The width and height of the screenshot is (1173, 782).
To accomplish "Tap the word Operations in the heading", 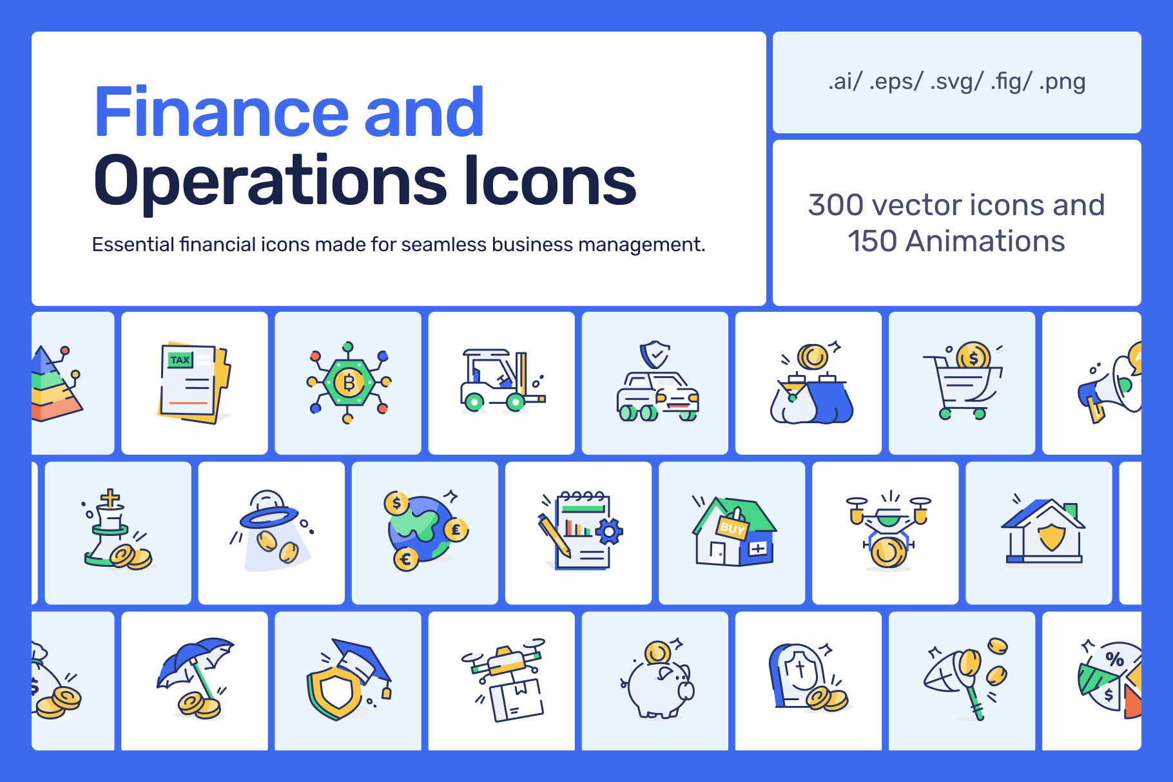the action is [x=271, y=182].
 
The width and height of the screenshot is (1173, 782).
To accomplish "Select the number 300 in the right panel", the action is [x=836, y=205].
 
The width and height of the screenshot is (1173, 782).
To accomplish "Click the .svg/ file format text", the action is [x=956, y=82].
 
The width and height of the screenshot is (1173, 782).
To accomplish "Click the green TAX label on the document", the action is [x=180, y=359].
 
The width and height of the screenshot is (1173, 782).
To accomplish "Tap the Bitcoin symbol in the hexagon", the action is [x=349, y=383].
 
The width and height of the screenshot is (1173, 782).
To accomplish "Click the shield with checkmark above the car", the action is [x=655, y=354].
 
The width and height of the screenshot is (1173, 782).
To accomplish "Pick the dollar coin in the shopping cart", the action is [x=973, y=356].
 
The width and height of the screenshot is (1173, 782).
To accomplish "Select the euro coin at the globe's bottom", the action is [x=405, y=558].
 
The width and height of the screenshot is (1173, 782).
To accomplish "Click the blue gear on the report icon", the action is [x=609, y=531].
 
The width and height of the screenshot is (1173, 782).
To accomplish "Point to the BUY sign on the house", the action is [x=732, y=528].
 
